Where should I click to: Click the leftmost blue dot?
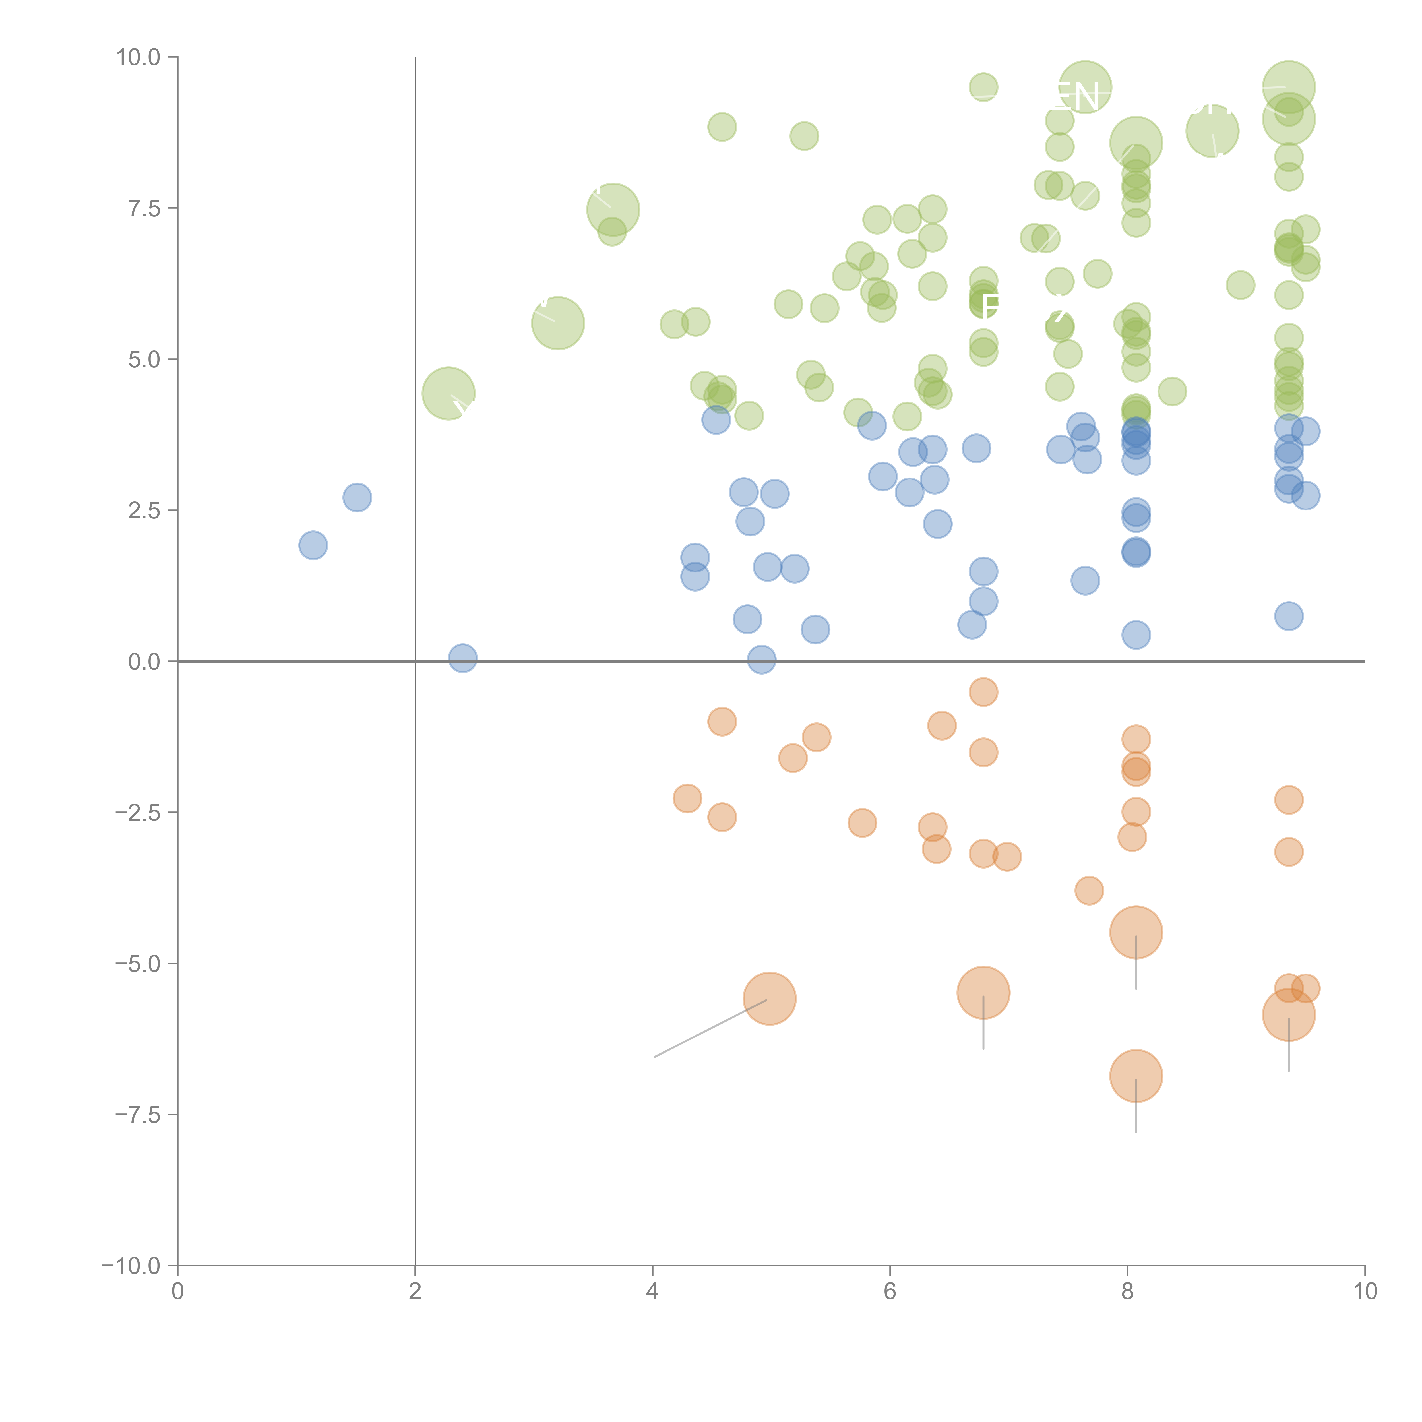pos(313,545)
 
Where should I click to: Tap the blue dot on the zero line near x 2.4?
pos(462,658)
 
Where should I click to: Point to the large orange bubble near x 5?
pos(769,999)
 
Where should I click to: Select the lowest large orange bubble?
pos(1136,1076)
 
